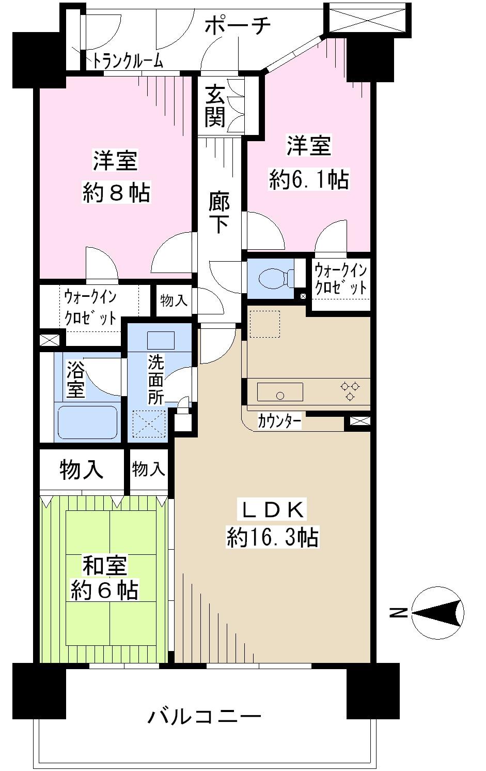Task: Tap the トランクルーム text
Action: [128, 62]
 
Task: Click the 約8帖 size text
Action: [116, 193]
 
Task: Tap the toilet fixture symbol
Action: [273, 279]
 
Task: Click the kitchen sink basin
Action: [280, 392]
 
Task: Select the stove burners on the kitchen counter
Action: [350, 390]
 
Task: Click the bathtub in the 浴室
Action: [87, 422]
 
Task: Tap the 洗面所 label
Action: [155, 379]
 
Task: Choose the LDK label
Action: [272, 510]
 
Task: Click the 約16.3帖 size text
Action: [272, 537]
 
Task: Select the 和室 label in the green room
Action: [105, 566]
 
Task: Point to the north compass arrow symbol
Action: [437, 613]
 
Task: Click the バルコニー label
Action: [205, 717]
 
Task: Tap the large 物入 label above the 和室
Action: [82, 470]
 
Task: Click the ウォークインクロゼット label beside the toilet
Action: [341, 279]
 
